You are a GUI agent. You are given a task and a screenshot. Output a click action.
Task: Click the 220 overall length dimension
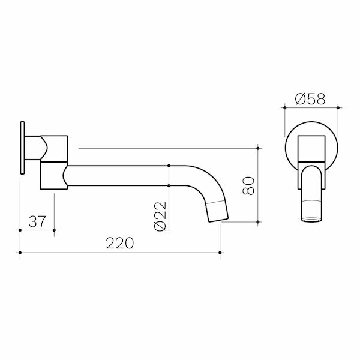point(119,243)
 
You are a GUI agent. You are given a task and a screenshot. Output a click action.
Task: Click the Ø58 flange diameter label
point(311,99)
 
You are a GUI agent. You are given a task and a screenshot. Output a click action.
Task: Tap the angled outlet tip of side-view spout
point(218,211)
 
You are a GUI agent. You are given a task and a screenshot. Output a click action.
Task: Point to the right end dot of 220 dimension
point(221,253)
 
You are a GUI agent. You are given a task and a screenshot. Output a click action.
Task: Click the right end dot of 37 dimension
point(55,230)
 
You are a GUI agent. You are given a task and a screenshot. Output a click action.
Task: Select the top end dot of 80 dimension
point(258,147)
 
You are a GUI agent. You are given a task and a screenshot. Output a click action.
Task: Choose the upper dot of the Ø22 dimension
point(170,164)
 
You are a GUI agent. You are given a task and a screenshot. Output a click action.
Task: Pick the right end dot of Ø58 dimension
point(338,108)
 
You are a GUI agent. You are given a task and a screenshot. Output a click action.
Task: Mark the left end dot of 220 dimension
point(20,253)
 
